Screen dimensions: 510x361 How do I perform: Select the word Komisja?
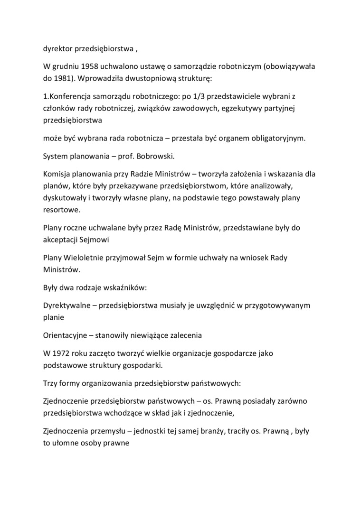tap(58, 174)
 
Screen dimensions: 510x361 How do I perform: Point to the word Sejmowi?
tap(95, 240)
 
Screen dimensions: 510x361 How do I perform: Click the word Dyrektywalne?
tap(67, 306)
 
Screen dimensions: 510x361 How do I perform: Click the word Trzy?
tap(50, 383)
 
